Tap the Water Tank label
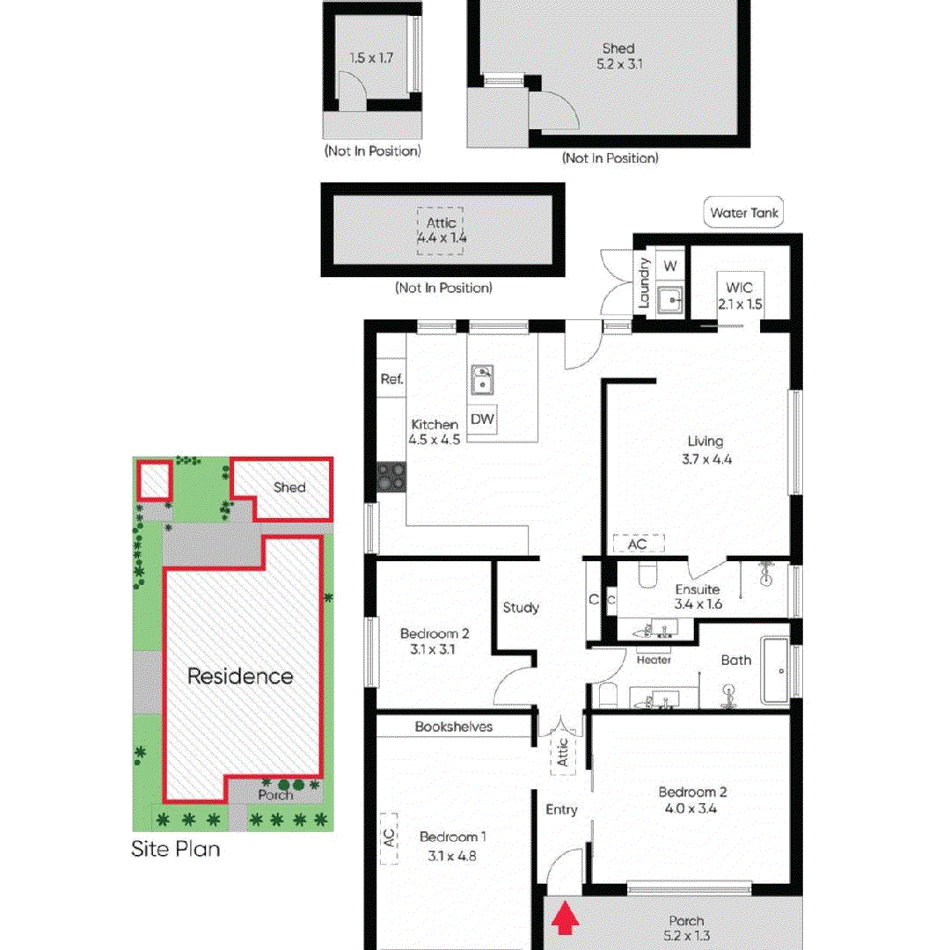pyautogui.click(x=744, y=213)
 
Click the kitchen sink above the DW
pyautogui.click(x=482, y=381)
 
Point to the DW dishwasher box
pyautogui.click(x=482, y=420)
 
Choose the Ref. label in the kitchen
pyautogui.click(x=391, y=380)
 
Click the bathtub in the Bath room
pyautogui.click(x=776, y=672)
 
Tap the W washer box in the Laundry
pyautogui.click(x=670, y=266)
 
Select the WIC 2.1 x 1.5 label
pyautogui.click(x=739, y=296)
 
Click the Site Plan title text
pyautogui.click(x=176, y=849)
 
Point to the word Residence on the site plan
pyautogui.click(x=239, y=676)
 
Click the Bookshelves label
pyautogui.click(x=454, y=727)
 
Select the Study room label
pyautogui.click(x=521, y=607)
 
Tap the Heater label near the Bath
pyautogui.click(x=654, y=660)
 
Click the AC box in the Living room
pyautogui.click(x=638, y=544)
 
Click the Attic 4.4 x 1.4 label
pyautogui.click(x=441, y=230)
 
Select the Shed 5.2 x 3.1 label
pyautogui.click(x=618, y=56)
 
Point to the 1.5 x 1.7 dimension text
pyautogui.click(x=370, y=58)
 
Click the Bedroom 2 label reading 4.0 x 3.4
pyautogui.click(x=692, y=800)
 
